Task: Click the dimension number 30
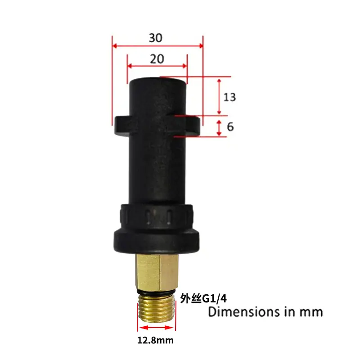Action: point(156,38)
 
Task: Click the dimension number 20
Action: point(157,59)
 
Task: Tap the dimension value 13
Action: point(230,97)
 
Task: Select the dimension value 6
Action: point(230,127)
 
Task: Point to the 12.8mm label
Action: point(155,340)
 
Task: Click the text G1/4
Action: point(215,298)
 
